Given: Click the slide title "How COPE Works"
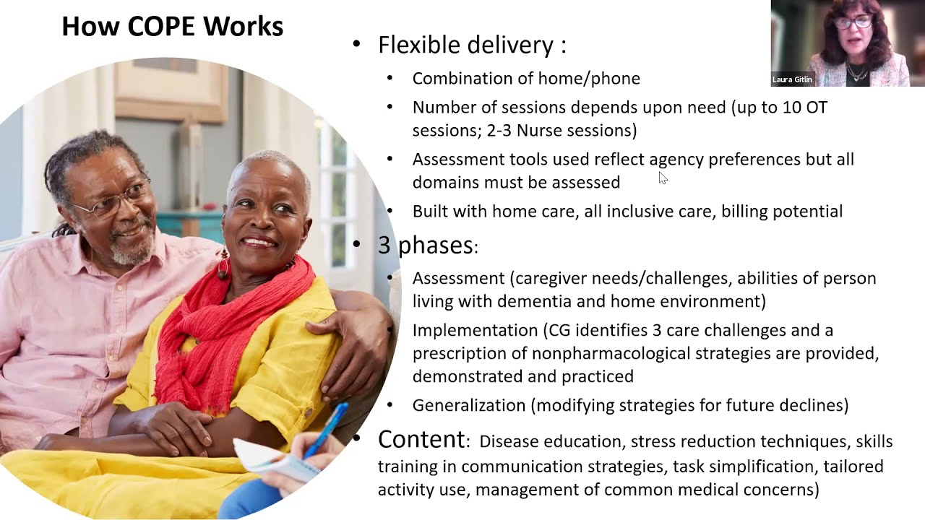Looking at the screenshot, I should tap(172, 27).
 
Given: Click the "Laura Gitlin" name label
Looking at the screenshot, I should tap(792, 79).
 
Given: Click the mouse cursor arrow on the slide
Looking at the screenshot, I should tap(663, 178).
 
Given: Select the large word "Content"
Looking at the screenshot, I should tap(421, 439).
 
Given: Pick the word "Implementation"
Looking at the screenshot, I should tap(475, 330).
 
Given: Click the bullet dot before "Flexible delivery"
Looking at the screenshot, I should tap(356, 45).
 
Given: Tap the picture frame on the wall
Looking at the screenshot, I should tap(171, 87).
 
